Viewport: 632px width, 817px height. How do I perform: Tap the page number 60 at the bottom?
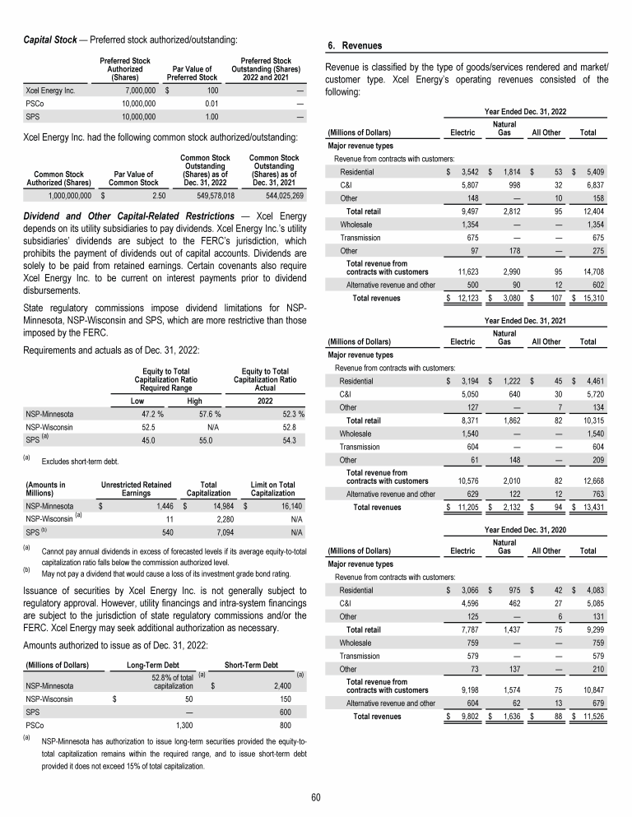316,796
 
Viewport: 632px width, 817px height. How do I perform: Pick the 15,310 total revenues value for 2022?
591,296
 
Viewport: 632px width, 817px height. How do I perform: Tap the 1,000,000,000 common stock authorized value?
61,196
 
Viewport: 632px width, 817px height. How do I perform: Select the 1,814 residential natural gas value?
508,173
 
